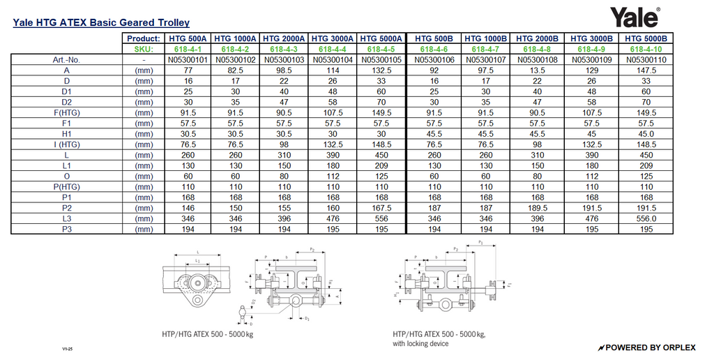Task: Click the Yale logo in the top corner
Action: [635, 17]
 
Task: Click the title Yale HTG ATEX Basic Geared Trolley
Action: [101, 23]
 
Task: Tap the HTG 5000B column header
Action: [646, 38]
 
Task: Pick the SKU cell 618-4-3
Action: [284, 50]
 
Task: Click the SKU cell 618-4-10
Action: [646, 50]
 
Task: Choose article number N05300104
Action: [333, 60]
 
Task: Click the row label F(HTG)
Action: [67, 112]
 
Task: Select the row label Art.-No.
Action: [67, 60]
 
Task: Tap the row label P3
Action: [67, 228]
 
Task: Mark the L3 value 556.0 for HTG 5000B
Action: [646, 218]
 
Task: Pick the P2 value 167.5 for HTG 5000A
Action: [381, 207]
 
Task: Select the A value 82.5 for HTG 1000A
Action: [236, 70]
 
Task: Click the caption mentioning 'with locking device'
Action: [420, 343]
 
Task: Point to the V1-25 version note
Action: [67, 348]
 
